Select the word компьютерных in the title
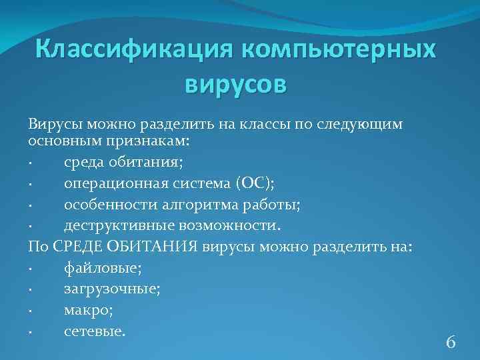pos(334,49)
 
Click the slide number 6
pos(451,343)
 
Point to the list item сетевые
pos(94,330)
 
